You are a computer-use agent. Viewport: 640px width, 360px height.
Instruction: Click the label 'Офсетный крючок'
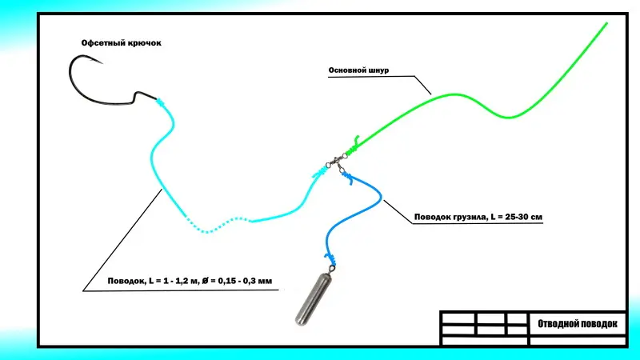(x=121, y=42)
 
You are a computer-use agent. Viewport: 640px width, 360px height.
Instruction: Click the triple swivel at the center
(x=338, y=160)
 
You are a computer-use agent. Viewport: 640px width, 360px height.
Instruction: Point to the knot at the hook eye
(x=159, y=102)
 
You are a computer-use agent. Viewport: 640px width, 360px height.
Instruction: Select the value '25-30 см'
(x=522, y=217)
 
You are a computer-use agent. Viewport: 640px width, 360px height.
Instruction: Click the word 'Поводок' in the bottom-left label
(x=126, y=281)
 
